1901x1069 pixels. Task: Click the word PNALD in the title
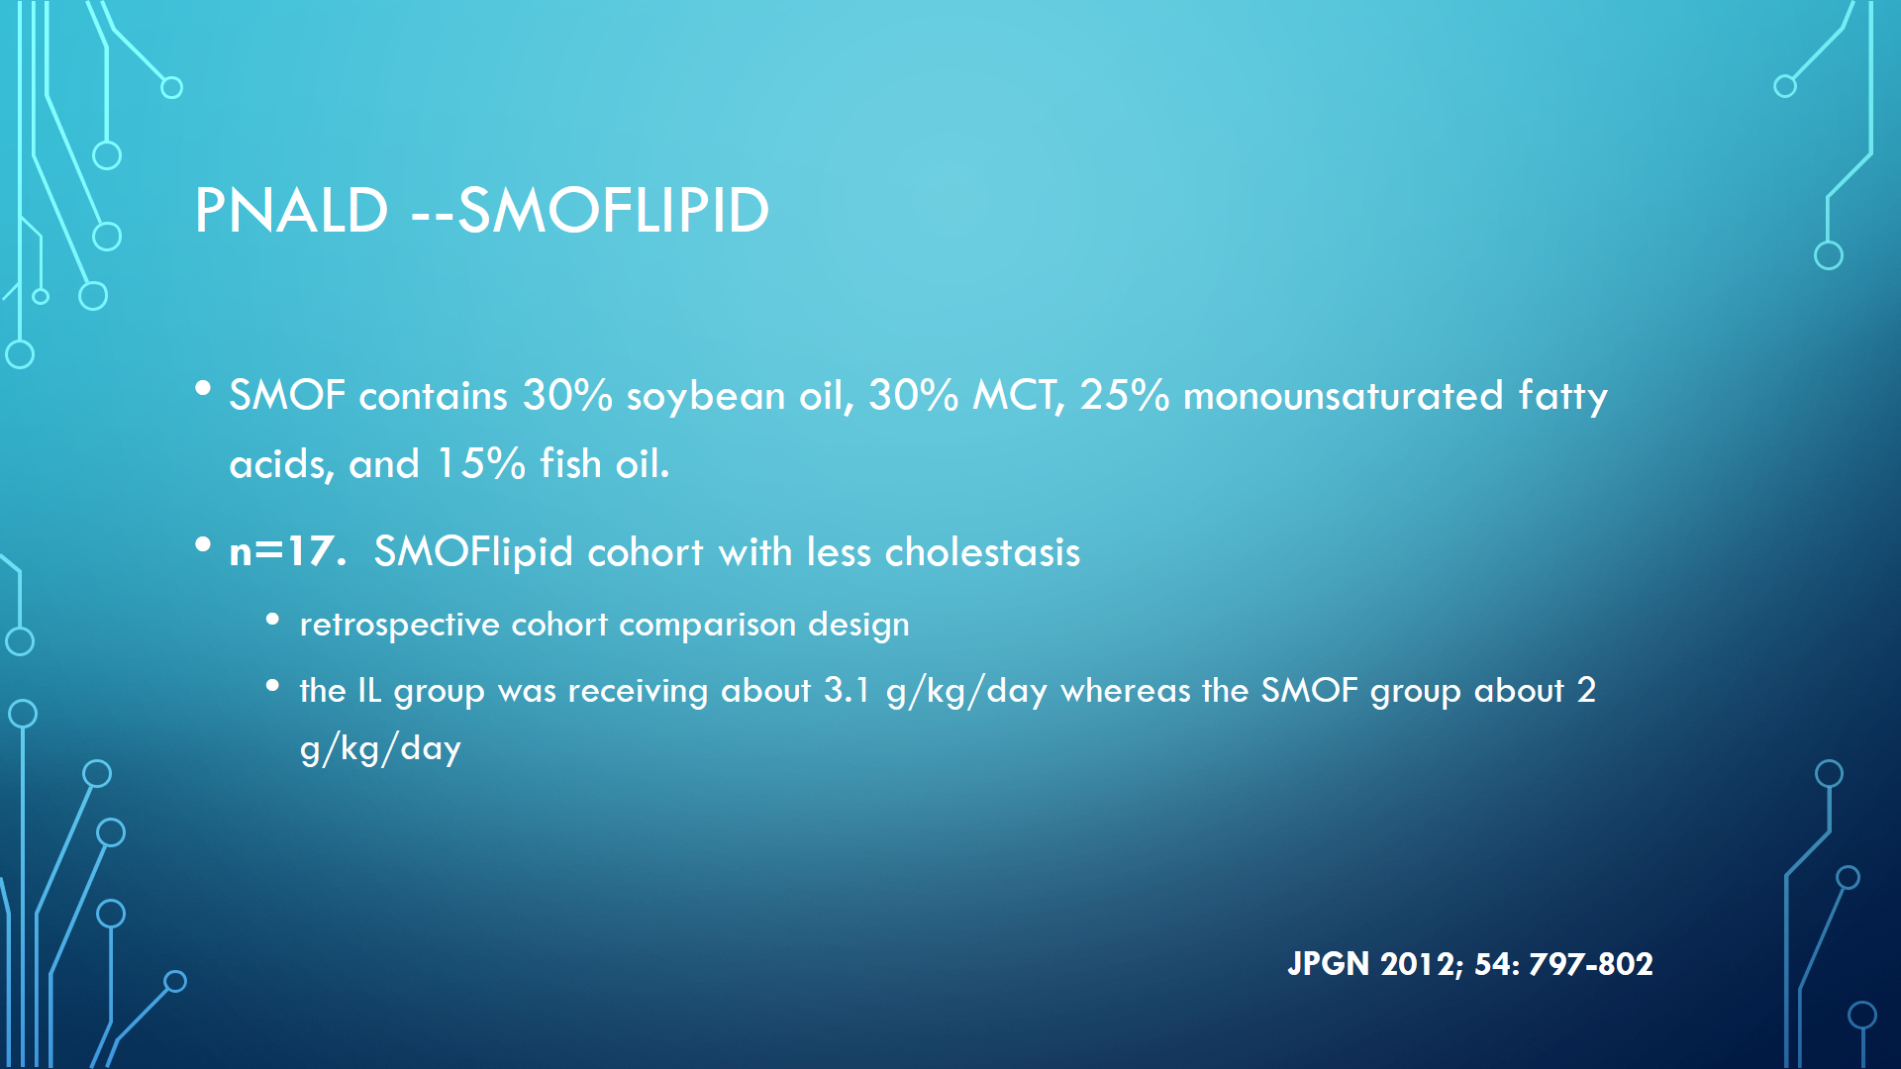291,210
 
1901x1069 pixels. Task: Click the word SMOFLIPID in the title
614,210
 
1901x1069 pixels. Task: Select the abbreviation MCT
1018,396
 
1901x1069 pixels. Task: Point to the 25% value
1125,395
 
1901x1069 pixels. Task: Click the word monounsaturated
1344,396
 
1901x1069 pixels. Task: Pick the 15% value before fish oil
481,463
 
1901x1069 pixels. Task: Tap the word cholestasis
982,552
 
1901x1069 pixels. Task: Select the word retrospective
400,626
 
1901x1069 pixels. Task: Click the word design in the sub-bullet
858,626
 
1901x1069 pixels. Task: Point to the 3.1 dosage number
847,690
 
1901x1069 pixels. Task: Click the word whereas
1126,690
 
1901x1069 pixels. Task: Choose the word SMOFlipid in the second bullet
473,552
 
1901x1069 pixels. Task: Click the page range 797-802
1591,964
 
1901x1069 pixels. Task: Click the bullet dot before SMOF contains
203,389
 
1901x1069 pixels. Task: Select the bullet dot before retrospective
272,620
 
